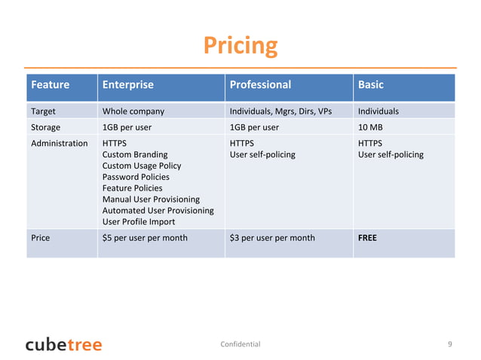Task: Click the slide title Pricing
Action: (x=240, y=46)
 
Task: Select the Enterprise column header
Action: (x=127, y=85)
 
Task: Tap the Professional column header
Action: (x=260, y=85)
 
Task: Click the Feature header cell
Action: (x=50, y=85)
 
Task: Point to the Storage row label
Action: (x=45, y=127)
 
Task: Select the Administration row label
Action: (x=59, y=143)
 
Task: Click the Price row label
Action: (x=41, y=238)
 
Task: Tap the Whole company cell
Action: (x=133, y=111)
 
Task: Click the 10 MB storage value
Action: (x=372, y=127)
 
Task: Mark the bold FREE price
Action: (x=367, y=238)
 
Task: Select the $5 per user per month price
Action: (x=145, y=238)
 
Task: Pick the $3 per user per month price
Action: (x=272, y=238)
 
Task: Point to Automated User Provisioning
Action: (x=158, y=211)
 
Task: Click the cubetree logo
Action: (x=63, y=344)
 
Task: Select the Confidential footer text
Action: (x=240, y=344)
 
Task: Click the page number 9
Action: (x=449, y=344)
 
